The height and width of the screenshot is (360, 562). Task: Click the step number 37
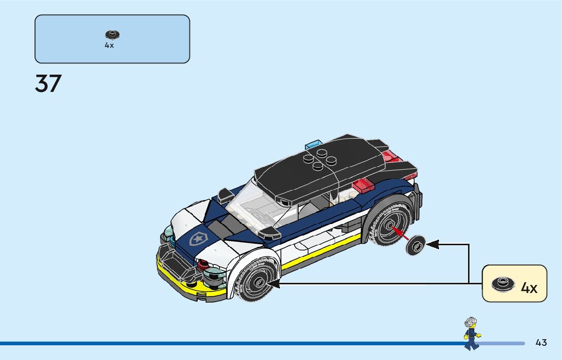[48, 84]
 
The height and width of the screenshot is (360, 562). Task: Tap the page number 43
[541, 343]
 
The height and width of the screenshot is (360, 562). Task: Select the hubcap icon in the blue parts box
[112, 35]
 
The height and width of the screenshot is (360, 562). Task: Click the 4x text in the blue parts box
[109, 45]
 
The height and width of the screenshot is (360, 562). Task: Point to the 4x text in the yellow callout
[529, 288]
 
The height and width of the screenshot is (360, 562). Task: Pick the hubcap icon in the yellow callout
[504, 284]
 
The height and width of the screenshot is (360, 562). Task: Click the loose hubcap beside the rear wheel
[416, 246]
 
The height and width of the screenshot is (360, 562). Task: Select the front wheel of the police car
[257, 281]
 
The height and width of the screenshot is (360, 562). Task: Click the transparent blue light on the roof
[314, 144]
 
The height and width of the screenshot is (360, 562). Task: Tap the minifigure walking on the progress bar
[472, 334]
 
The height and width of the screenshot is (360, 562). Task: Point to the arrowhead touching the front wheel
[273, 283]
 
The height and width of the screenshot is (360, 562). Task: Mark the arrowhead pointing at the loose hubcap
[432, 245]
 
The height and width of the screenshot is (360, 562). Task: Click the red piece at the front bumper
[204, 265]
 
